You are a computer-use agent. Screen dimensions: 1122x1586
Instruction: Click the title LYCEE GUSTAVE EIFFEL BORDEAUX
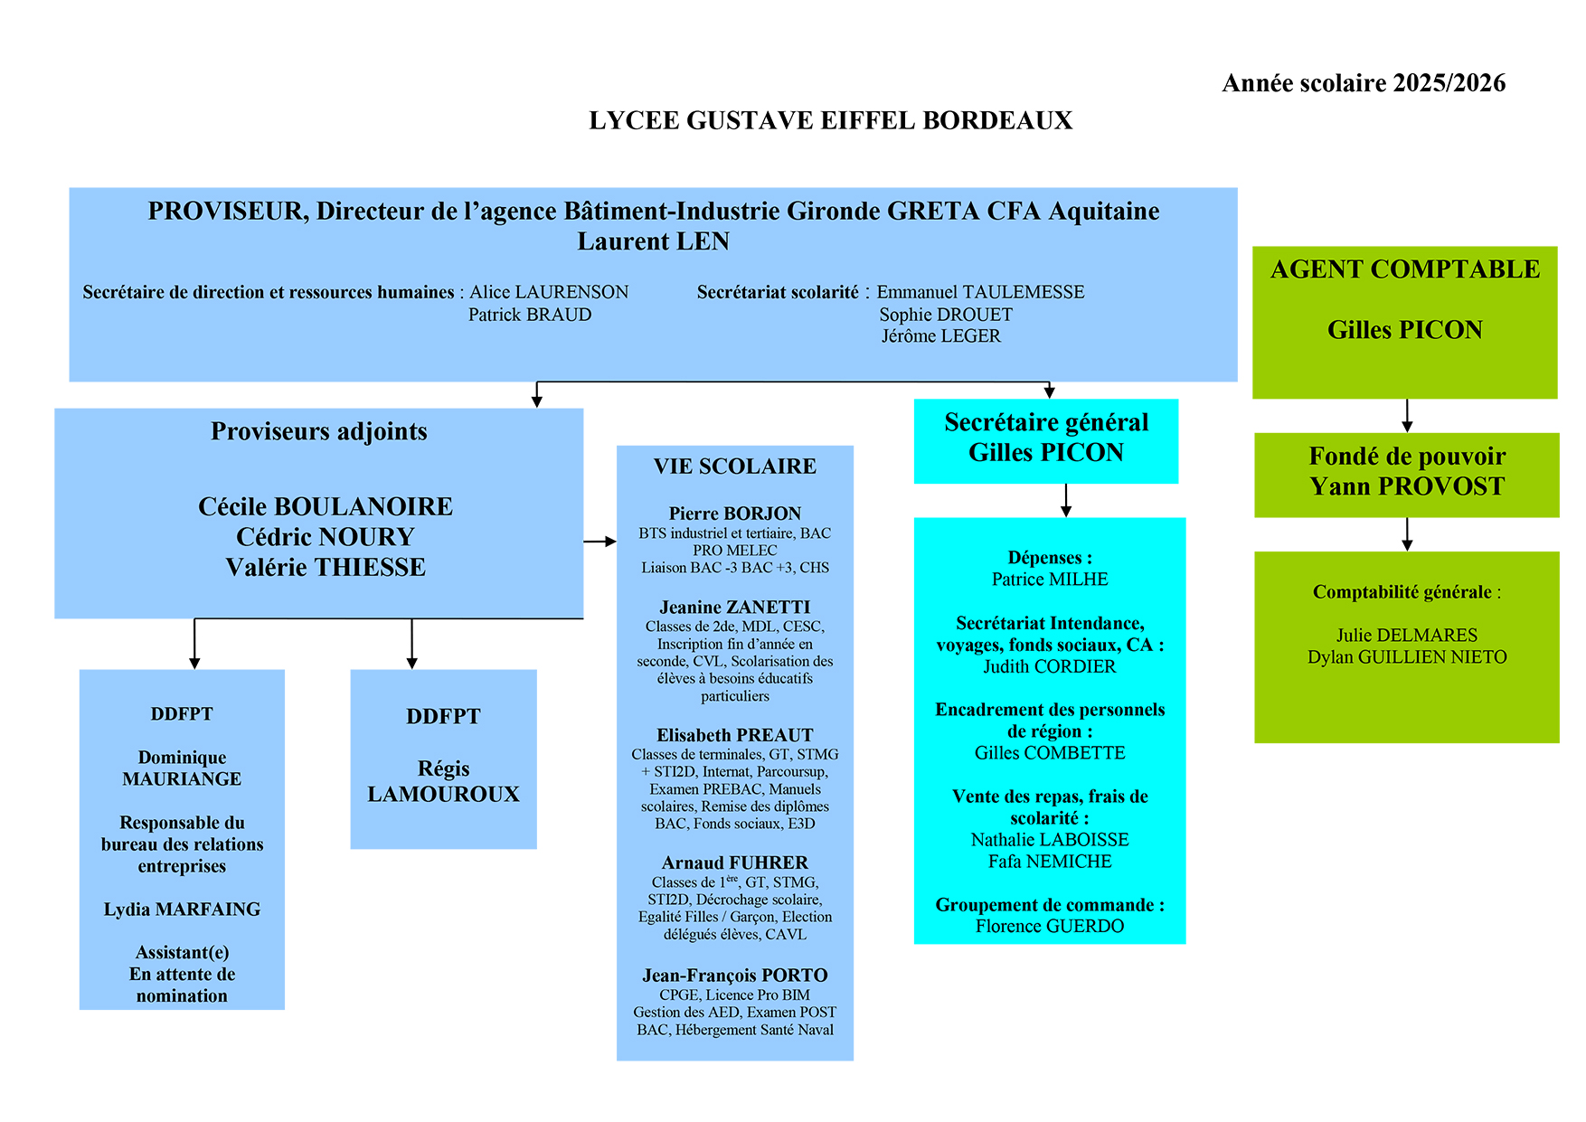(x=830, y=120)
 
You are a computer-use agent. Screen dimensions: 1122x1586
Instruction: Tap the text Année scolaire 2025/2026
(x=1364, y=83)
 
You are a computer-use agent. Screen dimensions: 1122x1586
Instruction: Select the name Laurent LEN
(x=653, y=241)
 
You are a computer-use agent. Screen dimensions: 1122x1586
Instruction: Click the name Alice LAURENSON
(x=549, y=292)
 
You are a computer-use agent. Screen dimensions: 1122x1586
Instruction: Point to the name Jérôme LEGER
(x=941, y=336)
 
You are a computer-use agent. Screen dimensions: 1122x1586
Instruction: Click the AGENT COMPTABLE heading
(x=1404, y=269)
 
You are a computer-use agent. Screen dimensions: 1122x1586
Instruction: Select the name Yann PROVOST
(x=1407, y=486)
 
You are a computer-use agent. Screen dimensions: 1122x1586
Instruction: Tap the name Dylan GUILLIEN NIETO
(x=1407, y=657)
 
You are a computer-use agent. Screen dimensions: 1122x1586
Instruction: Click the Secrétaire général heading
(x=1046, y=422)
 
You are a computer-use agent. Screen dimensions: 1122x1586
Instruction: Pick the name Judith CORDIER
(x=1050, y=666)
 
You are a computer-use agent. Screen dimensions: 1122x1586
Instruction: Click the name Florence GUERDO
(x=1050, y=926)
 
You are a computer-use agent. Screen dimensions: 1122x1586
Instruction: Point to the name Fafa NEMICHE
(x=1050, y=862)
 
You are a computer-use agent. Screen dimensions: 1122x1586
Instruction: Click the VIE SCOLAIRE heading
(x=734, y=467)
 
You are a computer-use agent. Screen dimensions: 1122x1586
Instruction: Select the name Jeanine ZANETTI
(x=734, y=608)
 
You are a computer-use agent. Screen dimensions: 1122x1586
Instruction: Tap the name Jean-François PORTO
(x=734, y=976)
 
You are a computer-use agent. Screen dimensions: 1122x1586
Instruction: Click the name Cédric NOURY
(x=325, y=537)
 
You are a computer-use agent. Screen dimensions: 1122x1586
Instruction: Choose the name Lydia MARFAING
(x=182, y=910)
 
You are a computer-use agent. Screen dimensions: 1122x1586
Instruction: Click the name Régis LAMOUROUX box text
(x=443, y=781)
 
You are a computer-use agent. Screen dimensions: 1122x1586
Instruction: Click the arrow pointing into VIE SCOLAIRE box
(x=600, y=542)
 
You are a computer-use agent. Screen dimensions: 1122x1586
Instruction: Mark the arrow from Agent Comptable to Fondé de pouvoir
(x=1407, y=416)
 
